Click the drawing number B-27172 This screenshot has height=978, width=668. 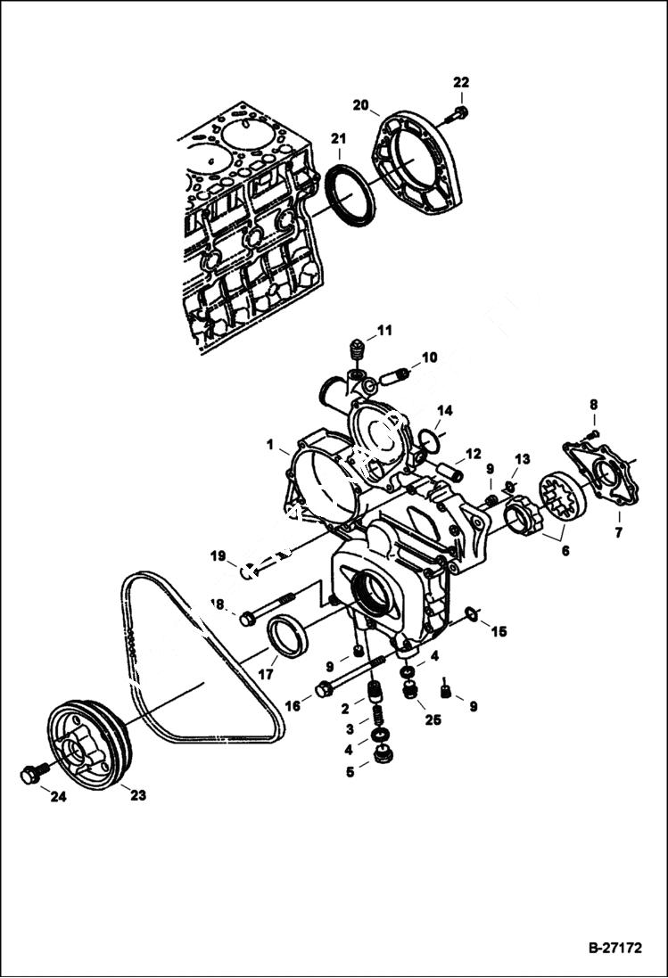(614, 949)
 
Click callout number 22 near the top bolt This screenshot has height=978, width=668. (460, 83)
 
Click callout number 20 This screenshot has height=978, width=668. (360, 105)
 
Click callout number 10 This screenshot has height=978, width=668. (429, 358)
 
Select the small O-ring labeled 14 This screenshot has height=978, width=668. (431, 440)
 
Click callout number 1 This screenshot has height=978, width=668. (268, 443)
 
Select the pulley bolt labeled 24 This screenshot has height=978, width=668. (31, 774)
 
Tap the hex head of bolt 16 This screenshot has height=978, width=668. (325, 689)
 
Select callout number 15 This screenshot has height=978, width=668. (499, 631)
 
